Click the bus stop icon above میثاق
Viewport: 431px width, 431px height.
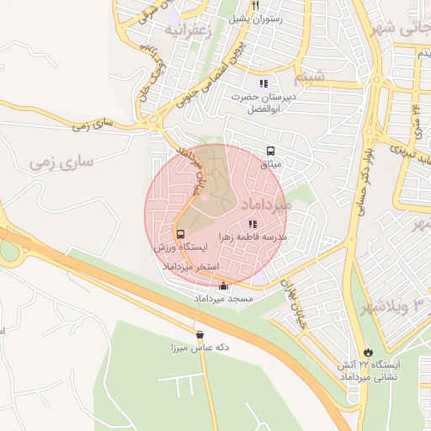270,152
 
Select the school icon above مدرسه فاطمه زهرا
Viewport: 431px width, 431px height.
253,225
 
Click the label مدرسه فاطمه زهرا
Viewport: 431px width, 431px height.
253,237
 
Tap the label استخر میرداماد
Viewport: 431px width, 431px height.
190,266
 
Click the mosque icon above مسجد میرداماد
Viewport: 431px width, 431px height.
222,286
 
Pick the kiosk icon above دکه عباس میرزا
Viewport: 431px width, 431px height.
200,334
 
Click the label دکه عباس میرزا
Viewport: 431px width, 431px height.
200,347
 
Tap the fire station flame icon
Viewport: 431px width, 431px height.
367,352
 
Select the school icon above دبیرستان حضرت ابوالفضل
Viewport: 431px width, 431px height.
263,83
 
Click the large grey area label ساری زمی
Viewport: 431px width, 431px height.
60,159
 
